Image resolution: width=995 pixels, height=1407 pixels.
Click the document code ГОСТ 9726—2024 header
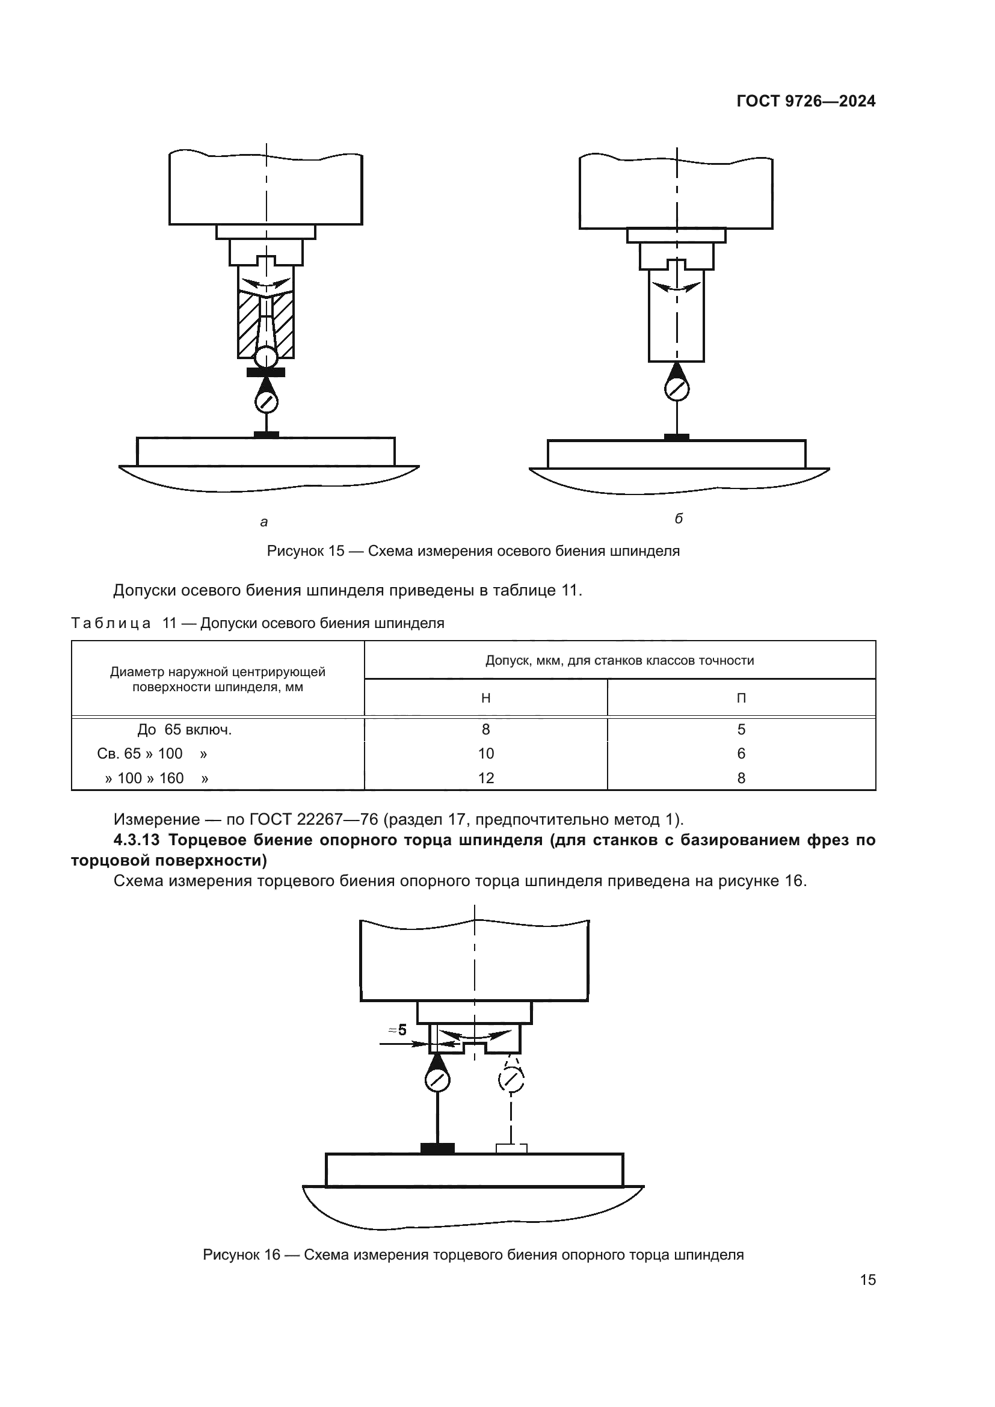806,101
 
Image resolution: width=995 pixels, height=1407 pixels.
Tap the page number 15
867,1279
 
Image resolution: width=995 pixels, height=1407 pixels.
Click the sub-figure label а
264,522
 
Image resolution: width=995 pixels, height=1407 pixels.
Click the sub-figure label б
678,519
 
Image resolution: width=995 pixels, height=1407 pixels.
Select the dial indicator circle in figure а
266,402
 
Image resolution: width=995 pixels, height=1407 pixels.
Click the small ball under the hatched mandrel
266,356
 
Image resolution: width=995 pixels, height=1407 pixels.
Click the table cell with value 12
486,778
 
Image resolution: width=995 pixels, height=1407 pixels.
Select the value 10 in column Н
486,754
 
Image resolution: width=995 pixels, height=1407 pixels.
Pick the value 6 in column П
741,754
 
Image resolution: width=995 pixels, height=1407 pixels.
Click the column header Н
486,698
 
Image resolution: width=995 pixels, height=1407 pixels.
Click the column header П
741,698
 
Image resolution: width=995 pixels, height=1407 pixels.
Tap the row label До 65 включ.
185,730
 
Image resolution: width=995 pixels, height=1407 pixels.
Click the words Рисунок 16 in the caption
241,1254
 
